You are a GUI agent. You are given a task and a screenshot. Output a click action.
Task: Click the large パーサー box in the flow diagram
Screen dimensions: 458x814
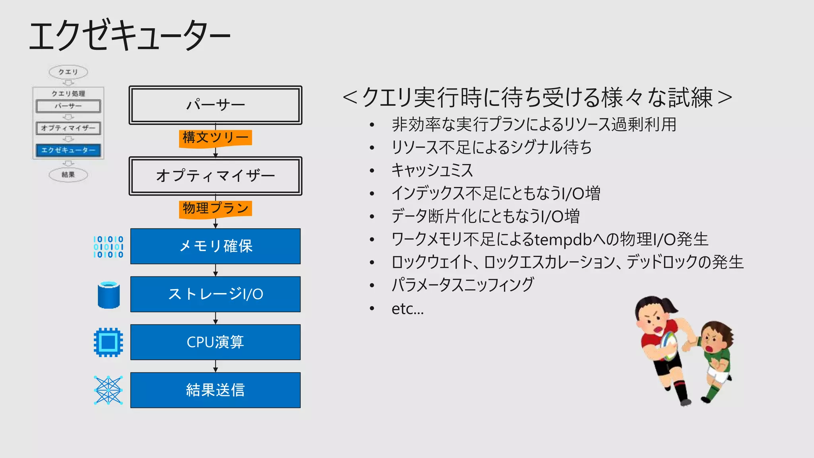pyautogui.click(x=215, y=105)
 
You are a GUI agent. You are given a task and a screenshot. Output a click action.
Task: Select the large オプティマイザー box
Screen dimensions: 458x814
pyautogui.click(x=215, y=176)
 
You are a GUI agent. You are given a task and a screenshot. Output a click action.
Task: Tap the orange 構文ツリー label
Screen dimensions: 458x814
pyautogui.click(x=215, y=138)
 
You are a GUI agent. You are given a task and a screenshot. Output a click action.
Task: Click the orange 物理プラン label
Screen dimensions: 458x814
pyautogui.click(x=215, y=209)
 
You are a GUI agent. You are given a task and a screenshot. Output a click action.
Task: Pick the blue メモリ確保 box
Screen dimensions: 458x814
pyautogui.click(x=215, y=246)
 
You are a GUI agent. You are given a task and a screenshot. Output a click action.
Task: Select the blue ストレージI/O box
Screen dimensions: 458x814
pyautogui.click(x=215, y=294)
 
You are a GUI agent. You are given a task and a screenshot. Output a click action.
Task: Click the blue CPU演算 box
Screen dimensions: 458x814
pyautogui.click(x=215, y=342)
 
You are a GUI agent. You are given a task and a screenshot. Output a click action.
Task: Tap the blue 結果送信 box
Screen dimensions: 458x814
pyautogui.click(x=215, y=390)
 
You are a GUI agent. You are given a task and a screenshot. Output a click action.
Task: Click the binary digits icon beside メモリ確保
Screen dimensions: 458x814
pyautogui.click(x=108, y=247)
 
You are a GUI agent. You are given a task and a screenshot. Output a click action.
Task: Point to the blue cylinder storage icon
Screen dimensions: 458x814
pyautogui.click(x=109, y=295)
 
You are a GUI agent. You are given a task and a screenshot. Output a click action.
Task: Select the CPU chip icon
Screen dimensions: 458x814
pyautogui.click(x=108, y=342)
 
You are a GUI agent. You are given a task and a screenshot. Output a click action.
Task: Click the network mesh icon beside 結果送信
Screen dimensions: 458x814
pyautogui.click(x=108, y=390)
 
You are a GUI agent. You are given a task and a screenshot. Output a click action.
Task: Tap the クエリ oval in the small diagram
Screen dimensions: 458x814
pyautogui.click(x=68, y=72)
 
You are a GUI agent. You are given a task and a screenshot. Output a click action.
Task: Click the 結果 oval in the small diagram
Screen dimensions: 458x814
pyautogui.click(x=68, y=175)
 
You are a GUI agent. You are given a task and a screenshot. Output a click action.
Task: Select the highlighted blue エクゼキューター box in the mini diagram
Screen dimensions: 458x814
pyautogui.click(x=68, y=150)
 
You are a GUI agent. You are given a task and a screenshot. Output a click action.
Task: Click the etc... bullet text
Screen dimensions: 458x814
pyautogui.click(x=407, y=309)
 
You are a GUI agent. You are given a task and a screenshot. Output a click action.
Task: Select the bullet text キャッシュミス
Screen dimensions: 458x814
pyautogui.click(x=432, y=170)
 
